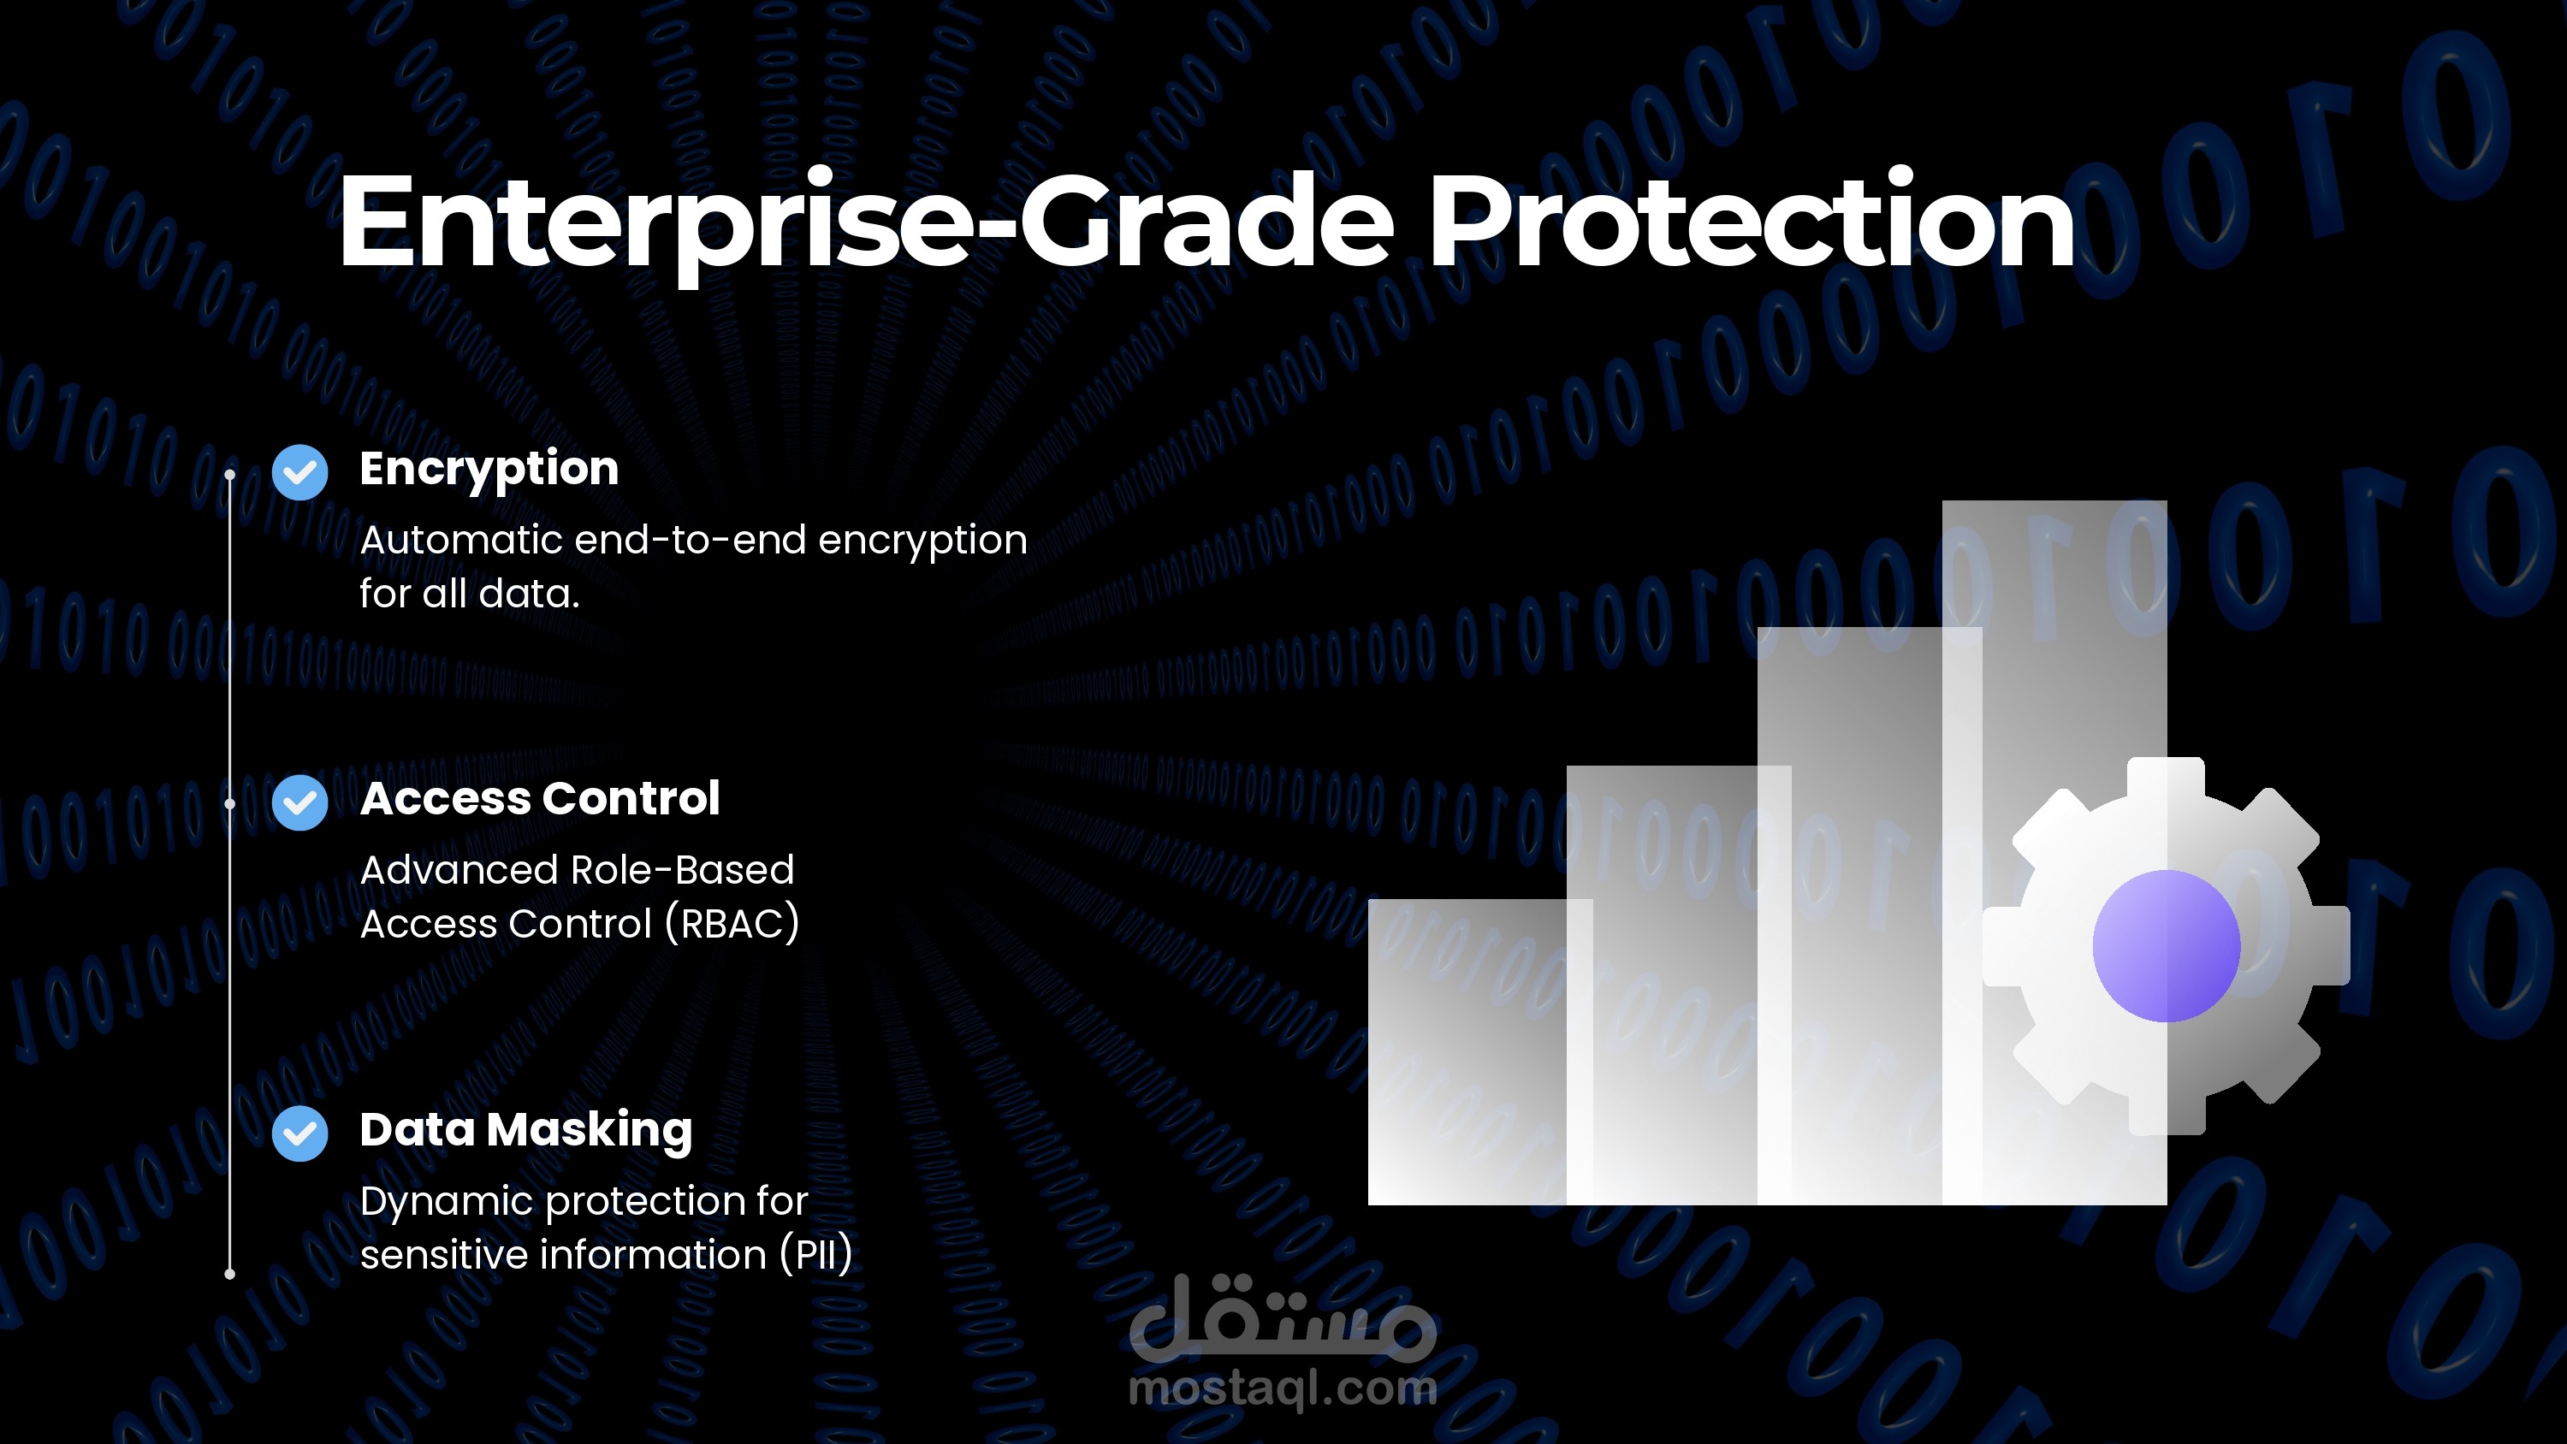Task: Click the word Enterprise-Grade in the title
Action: [865, 223]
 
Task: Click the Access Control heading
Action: [540, 798]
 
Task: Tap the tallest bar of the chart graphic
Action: [2054, 852]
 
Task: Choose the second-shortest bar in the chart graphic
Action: [1678, 985]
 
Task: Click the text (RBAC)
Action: [732, 924]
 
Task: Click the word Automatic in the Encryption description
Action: [461, 540]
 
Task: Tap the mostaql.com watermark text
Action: [1283, 1388]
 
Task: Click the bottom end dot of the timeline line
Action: [230, 1274]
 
